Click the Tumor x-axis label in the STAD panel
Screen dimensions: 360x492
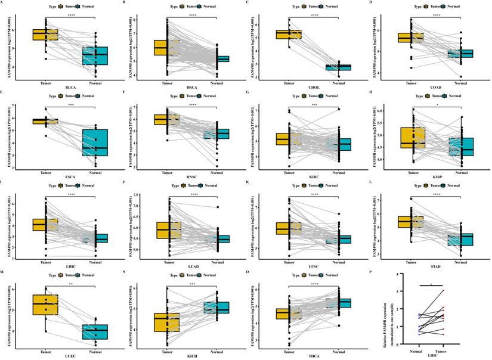411,258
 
